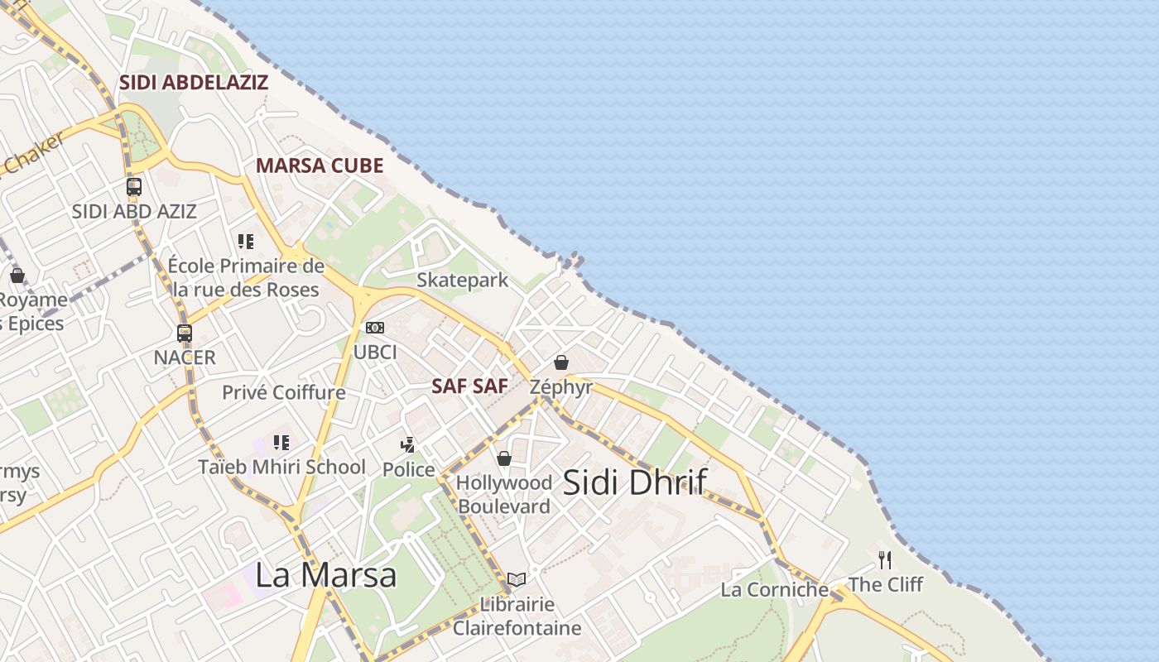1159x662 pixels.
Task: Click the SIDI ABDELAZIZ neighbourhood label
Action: [x=194, y=83]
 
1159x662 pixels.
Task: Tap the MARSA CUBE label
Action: [x=320, y=165]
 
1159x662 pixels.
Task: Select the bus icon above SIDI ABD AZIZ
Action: [x=134, y=187]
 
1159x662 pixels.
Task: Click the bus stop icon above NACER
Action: [x=185, y=333]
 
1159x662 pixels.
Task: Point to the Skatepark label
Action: [x=462, y=281]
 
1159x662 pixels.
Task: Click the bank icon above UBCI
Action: [x=375, y=328]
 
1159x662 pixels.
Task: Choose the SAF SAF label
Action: [x=469, y=386]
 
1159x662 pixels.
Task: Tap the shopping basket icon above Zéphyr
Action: [x=561, y=362]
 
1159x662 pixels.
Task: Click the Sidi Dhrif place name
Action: [x=635, y=482]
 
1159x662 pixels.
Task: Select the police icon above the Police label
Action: [x=407, y=445]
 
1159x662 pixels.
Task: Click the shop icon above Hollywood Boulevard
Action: [x=503, y=458]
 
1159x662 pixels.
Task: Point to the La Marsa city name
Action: [x=325, y=574]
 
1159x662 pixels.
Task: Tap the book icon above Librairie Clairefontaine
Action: [x=517, y=579]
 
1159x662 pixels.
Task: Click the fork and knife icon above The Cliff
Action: [x=885, y=560]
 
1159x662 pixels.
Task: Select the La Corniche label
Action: [x=774, y=589]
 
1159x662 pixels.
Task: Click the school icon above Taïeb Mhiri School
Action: [x=281, y=443]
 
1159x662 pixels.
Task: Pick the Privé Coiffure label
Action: [x=283, y=392]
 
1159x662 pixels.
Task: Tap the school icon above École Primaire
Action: [x=246, y=242]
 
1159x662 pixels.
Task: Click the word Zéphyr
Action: [x=561, y=386]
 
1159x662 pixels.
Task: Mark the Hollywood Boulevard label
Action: [x=504, y=494]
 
